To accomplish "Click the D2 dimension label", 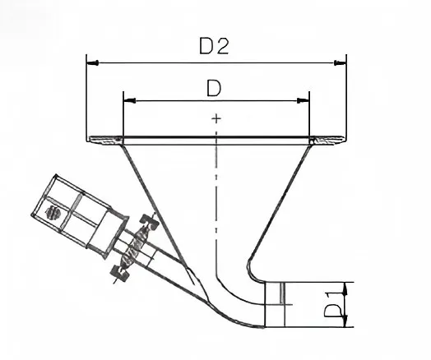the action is [214, 46].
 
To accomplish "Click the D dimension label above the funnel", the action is [214, 89].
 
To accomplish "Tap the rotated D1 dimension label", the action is [333, 304].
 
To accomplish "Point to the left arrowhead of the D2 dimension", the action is [93, 62].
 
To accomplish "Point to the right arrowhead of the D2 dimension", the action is [340, 62].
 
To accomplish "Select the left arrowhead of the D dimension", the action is [130, 101].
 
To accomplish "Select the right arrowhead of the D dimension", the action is [304, 101].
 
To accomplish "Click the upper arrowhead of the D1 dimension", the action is [345, 288].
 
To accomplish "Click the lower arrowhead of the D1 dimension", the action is [345, 321].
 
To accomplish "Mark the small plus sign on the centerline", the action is [216, 118].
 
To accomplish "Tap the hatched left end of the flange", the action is [105, 141].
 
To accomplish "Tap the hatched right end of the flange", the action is [327, 141].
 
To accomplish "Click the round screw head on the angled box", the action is [53, 213].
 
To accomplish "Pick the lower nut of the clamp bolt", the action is [119, 273].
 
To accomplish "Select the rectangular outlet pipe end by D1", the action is [275, 305].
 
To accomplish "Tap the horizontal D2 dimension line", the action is [216, 63].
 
